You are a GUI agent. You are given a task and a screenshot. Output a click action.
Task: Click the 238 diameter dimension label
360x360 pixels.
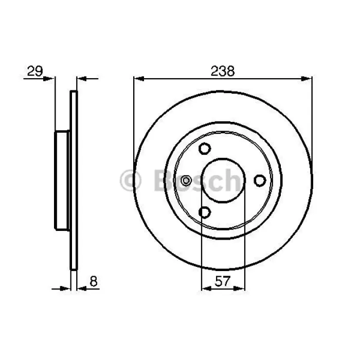(223, 71)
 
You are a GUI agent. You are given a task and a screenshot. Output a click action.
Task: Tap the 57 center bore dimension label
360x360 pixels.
(223, 281)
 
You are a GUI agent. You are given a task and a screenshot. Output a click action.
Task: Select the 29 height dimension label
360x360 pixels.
(35, 71)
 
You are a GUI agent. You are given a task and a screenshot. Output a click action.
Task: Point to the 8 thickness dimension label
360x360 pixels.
(94, 281)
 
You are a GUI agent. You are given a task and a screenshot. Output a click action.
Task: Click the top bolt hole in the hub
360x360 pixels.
(204, 148)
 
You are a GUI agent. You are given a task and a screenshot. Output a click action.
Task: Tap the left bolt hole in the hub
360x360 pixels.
(186, 181)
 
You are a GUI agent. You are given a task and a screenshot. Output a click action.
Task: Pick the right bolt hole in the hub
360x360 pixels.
(260, 181)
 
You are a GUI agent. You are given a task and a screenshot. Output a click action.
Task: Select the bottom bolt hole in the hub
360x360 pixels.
(204, 212)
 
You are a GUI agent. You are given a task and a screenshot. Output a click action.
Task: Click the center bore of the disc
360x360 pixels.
(223, 181)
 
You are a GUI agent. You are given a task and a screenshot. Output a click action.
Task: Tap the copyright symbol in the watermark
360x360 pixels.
(130, 181)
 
